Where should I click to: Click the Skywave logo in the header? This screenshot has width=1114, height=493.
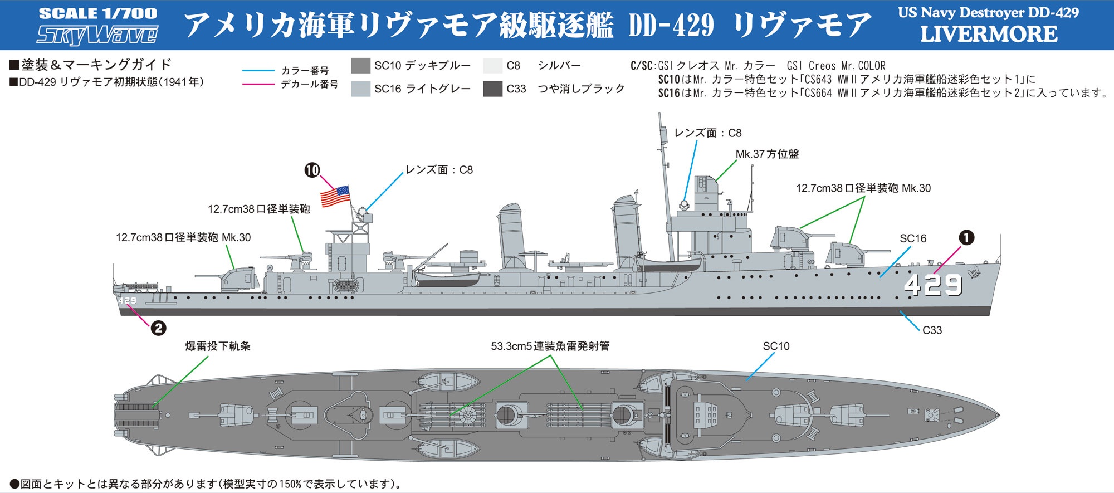(x=97, y=35)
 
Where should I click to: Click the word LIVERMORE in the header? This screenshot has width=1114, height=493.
(x=989, y=34)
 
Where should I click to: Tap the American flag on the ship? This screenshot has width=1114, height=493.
(x=335, y=196)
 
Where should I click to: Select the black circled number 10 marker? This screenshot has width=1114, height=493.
(x=312, y=170)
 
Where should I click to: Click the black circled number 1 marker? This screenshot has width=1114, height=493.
(x=966, y=237)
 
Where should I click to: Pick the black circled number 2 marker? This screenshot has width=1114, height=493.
(x=158, y=328)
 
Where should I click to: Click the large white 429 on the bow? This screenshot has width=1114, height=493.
(x=933, y=285)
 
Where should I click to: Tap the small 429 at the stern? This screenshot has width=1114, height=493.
(x=127, y=301)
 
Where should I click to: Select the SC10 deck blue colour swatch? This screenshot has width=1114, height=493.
(x=361, y=66)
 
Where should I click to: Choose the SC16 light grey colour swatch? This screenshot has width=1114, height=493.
(x=361, y=89)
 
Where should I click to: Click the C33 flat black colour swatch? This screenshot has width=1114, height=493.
(x=493, y=89)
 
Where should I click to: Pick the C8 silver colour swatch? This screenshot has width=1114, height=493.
(x=493, y=66)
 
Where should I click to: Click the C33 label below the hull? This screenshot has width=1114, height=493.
(x=932, y=330)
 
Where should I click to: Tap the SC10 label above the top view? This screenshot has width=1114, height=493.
(x=776, y=346)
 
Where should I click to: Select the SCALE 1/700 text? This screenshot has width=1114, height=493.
(x=98, y=13)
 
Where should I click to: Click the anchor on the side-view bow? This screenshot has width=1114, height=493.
(x=974, y=272)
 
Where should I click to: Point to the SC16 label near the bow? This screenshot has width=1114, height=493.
(x=913, y=238)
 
